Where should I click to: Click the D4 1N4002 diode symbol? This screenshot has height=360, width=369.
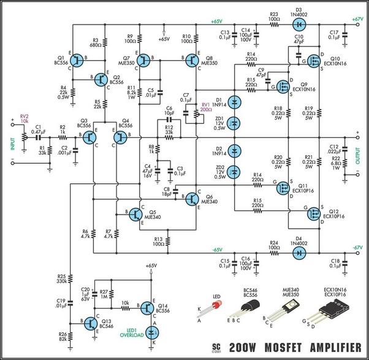[x=299, y=251]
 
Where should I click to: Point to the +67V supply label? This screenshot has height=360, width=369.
[x=359, y=20]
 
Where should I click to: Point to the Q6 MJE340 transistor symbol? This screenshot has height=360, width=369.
[x=193, y=199]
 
